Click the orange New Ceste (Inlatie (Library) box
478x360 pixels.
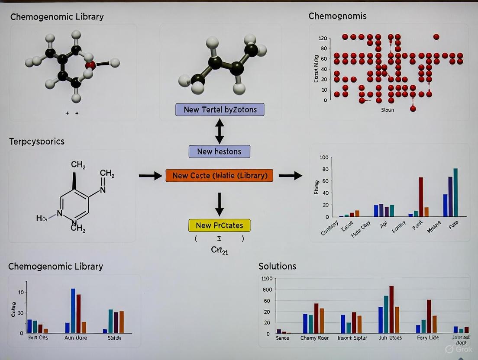click(219, 175)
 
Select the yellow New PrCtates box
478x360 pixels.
click(219, 225)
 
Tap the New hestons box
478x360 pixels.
click(219, 151)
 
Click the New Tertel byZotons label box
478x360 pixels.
click(220, 109)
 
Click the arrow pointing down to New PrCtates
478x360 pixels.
click(220, 204)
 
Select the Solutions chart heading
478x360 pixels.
click(277, 266)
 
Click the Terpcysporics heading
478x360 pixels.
click(37, 141)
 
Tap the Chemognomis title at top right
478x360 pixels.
click(337, 16)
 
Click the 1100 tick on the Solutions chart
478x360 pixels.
click(266, 279)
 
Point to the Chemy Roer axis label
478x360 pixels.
click(314, 338)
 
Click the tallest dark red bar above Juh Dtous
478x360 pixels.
click(391, 309)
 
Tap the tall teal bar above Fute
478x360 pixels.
click(455, 193)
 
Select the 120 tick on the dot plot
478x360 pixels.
click(323, 39)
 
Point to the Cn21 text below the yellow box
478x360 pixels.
click(219, 250)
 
